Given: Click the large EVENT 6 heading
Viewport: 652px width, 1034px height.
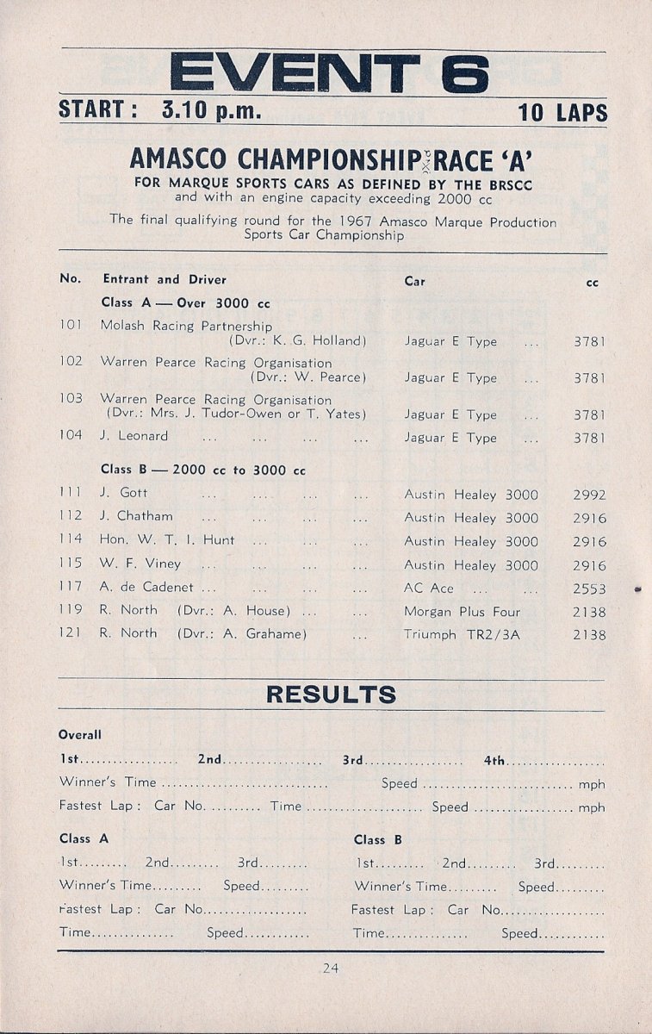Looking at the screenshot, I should (x=330, y=73).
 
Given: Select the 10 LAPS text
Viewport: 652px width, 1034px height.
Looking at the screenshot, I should (x=562, y=113).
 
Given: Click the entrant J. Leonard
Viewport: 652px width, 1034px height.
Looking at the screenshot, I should (x=134, y=437).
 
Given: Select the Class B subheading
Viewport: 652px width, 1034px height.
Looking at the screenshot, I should (x=203, y=470).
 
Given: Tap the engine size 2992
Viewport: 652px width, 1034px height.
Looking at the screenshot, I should (x=589, y=495).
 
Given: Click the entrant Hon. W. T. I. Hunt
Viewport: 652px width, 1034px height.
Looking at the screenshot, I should (x=168, y=540).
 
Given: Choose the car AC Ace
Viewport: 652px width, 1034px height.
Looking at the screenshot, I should (x=429, y=589).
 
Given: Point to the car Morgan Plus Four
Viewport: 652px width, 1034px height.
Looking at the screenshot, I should (x=462, y=612).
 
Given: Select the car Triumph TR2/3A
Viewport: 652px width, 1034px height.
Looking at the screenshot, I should (x=456, y=635).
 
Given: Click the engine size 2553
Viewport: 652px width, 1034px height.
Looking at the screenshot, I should (x=589, y=589).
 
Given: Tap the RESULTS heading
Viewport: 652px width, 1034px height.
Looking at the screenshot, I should (x=331, y=695).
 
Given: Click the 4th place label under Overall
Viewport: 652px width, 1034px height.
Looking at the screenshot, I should (x=494, y=760).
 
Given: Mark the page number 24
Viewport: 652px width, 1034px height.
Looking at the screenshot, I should (x=330, y=969).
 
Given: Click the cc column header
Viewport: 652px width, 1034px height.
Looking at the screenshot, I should (x=593, y=282).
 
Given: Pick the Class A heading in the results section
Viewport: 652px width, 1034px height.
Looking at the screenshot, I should (x=84, y=838).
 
